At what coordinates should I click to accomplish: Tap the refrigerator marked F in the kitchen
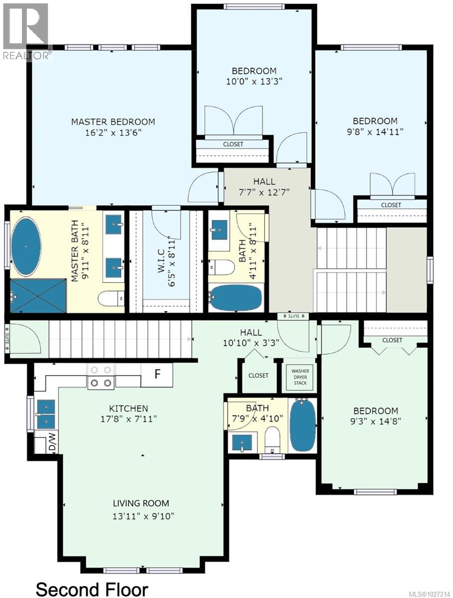[157, 374]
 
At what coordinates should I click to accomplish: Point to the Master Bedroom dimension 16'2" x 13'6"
[113, 133]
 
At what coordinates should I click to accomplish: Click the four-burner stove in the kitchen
[101, 376]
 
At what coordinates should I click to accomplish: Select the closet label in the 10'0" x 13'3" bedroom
[233, 144]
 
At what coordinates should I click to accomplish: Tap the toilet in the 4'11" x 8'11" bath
[222, 268]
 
